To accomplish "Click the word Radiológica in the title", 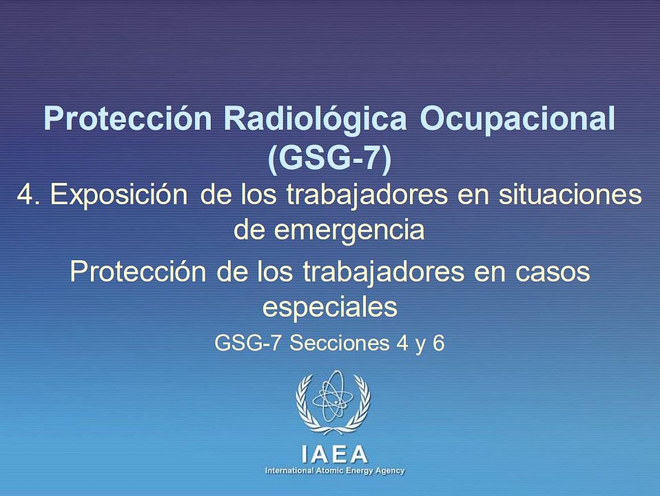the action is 315,120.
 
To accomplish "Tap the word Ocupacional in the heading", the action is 517,120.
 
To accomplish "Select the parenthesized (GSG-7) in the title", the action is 329,158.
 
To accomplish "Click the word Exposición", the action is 119,195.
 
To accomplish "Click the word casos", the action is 552,272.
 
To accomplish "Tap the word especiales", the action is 329,307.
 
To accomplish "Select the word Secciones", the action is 339,343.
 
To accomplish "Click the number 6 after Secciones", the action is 439,343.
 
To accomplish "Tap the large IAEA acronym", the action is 335,454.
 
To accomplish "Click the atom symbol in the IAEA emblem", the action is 332,396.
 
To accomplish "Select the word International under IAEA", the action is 289,470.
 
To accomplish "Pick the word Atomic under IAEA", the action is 328,470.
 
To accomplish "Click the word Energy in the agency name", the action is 355,471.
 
